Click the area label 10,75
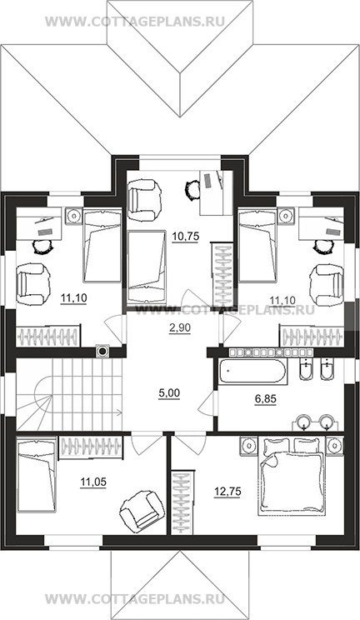(185, 237)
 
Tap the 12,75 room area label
(227, 492)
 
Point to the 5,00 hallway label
(168, 393)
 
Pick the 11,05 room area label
(92, 482)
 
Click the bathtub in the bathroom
(252, 372)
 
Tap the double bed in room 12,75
(292, 476)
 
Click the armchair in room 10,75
(145, 199)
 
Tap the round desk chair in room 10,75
(192, 189)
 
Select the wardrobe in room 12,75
(182, 502)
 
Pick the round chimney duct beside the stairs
(102, 351)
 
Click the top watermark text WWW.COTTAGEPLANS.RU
(135, 21)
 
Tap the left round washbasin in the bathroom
(304, 421)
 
